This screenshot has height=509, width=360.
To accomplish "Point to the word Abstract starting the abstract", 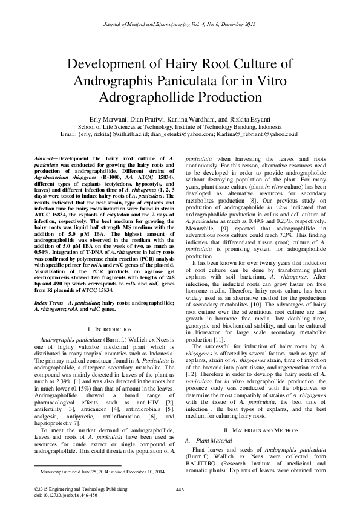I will (x=45, y=158).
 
